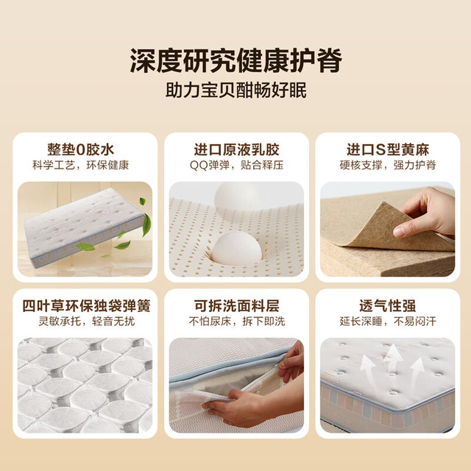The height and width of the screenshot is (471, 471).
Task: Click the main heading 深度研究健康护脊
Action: click(235, 61)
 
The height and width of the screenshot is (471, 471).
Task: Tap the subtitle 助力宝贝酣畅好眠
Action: click(235, 90)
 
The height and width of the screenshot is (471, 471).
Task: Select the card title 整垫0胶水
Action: click(80, 149)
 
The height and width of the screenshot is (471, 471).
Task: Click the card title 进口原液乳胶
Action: click(236, 149)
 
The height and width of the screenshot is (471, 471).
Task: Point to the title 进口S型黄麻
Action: click(388, 149)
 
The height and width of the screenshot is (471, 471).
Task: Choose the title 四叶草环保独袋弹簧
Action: click(86, 306)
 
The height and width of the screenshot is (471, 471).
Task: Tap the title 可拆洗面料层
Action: click(236, 306)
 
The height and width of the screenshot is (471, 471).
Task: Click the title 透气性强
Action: click(388, 306)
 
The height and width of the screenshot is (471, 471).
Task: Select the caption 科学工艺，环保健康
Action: click(80, 165)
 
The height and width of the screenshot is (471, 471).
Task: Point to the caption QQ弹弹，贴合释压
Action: click(236, 165)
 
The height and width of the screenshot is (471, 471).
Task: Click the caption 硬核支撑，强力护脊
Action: click(388, 165)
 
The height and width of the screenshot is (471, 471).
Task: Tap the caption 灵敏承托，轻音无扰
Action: click(87, 322)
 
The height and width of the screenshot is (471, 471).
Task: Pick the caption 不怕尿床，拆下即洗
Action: click(237, 322)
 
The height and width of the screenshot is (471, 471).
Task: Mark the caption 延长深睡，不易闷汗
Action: click(388, 322)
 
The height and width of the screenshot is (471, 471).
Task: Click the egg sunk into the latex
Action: click(236, 248)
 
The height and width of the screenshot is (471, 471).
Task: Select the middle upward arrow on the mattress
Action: click(393, 358)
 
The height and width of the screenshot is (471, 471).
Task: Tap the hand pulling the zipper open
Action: click(291, 361)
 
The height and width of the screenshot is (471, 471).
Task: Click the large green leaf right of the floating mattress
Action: click(146, 224)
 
